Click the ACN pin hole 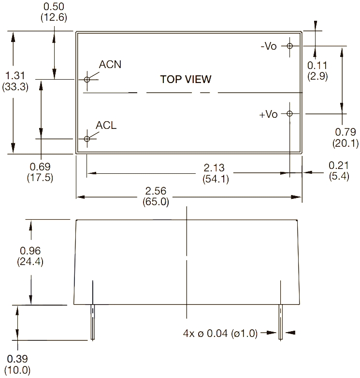click(x=87, y=79)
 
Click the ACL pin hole click(x=87, y=139)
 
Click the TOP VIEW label click(x=186, y=79)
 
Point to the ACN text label click(x=110, y=65)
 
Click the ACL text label click(x=106, y=125)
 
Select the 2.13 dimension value click(x=214, y=168)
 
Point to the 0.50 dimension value click(x=54, y=7)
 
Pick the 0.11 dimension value click(x=317, y=66)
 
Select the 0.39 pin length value click(x=18, y=359)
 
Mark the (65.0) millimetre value click(x=156, y=202)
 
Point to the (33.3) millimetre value click(x=15, y=87)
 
